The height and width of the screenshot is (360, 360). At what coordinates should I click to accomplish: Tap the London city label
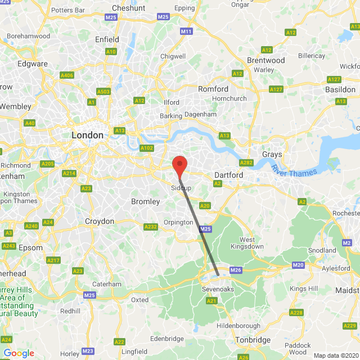pos(87,135)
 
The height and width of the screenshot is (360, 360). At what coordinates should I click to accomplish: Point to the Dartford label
pos(228,175)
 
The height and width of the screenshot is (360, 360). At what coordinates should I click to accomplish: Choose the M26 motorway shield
pos(236,271)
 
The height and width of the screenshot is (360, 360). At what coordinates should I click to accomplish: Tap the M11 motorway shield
pos(186,31)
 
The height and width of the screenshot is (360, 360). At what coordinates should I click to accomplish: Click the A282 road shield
pos(246,163)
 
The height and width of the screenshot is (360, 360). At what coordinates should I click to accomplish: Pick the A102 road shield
pos(146,148)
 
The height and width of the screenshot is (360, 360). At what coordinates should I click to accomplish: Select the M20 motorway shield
pos(298,265)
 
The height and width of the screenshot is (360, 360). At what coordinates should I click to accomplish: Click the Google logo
pos(19,353)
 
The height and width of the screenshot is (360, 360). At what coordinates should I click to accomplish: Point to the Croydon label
pos(100,221)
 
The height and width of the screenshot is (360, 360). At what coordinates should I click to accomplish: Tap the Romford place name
pos(213,89)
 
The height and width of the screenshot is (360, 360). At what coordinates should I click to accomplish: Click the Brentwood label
pos(266,60)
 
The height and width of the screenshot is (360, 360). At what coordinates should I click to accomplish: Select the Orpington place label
pos(178,222)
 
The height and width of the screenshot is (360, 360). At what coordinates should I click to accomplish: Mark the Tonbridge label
pos(253,340)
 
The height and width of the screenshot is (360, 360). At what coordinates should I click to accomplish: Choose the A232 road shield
pos(151,227)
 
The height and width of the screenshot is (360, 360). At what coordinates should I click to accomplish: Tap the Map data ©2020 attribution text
pos(335,355)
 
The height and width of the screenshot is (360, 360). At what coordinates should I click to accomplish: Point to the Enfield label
pos(107,39)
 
